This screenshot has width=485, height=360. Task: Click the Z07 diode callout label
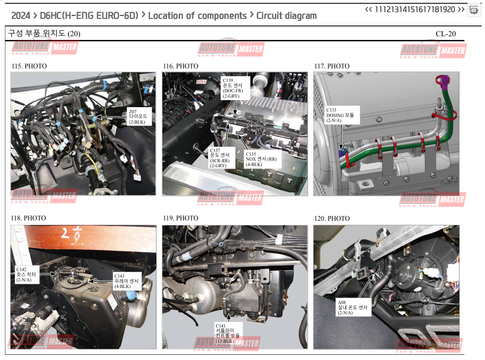pyautogui.click(x=139, y=117)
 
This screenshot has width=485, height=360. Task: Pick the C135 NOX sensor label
pyautogui.click(x=263, y=159)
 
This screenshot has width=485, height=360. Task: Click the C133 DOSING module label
pyautogui.click(x=342, y=115)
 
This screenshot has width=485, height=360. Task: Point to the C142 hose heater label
pyautogui.click(x=27, y=275)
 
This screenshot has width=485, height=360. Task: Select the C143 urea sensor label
pyautogui.click(x=127, y=281)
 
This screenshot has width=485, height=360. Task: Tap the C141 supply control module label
pyautogui.click(x=228, y=333)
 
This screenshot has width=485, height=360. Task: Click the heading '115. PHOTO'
pyautogui.click(x=29, y=66)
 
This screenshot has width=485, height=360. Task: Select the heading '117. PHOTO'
pyautogui.click(x=332, y=66)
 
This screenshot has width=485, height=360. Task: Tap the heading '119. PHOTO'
pyautogui.click(x=181, y=218)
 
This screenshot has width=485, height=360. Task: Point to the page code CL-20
pyautogui.click(x=445, y=34)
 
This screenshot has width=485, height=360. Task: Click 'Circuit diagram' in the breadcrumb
pyautogui.click(x=287, y=16)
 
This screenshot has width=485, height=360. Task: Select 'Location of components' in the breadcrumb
pyautogui.click(x=197, y=16)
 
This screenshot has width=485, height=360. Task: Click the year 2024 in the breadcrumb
pyautogui.click(x=21, y=16)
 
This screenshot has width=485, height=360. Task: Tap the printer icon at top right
pyautogui.click(x=473, y=10)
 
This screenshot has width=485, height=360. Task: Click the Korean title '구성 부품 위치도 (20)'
pyautogui.click(x=44, y=33)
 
